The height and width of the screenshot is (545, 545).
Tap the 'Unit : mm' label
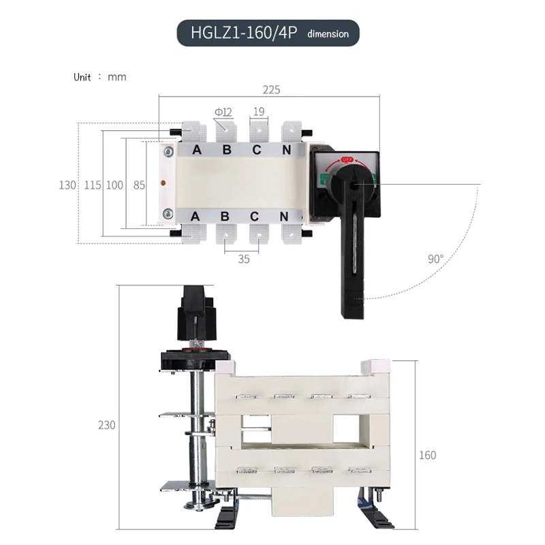[x=100, y=77]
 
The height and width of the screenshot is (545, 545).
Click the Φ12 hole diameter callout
[x=223, y=111]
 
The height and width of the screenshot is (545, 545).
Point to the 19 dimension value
[x=259, y=111]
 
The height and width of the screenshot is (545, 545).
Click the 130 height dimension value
[x=67, y=185]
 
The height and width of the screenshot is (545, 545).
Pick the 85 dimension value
[x=139, y=185]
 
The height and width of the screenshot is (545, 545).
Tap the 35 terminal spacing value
[x=244, y=259]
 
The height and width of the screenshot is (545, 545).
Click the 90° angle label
[x=436, y=259]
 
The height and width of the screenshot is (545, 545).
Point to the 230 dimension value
[x=106, y=425]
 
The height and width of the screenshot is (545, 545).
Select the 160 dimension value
[x=427, y=455]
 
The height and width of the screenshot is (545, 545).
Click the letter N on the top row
[x=287, y=150]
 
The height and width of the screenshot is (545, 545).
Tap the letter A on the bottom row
[x=195, y=217]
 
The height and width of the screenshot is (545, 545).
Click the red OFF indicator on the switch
[x=346, y=159]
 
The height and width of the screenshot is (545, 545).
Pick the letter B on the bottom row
[x=226, y=217]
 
